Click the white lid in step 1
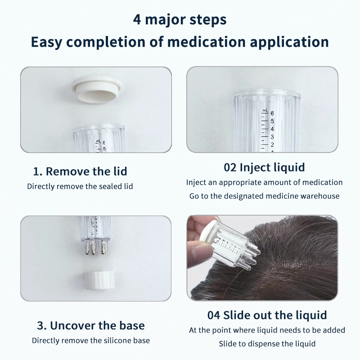pos(97,88)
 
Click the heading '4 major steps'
pos(180,20)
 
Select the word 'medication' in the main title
pos(206,42)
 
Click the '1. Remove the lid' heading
pos(80,171)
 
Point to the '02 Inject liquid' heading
pos(264,167)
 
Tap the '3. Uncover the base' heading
pos(91,325)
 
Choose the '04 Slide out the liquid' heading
pos(267,315)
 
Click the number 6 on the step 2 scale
pos(272,113)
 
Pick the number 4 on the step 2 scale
pos(272,129)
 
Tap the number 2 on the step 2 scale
pos(272,145)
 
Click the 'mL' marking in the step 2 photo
pos(265,111)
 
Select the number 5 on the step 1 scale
pos(104,149)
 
